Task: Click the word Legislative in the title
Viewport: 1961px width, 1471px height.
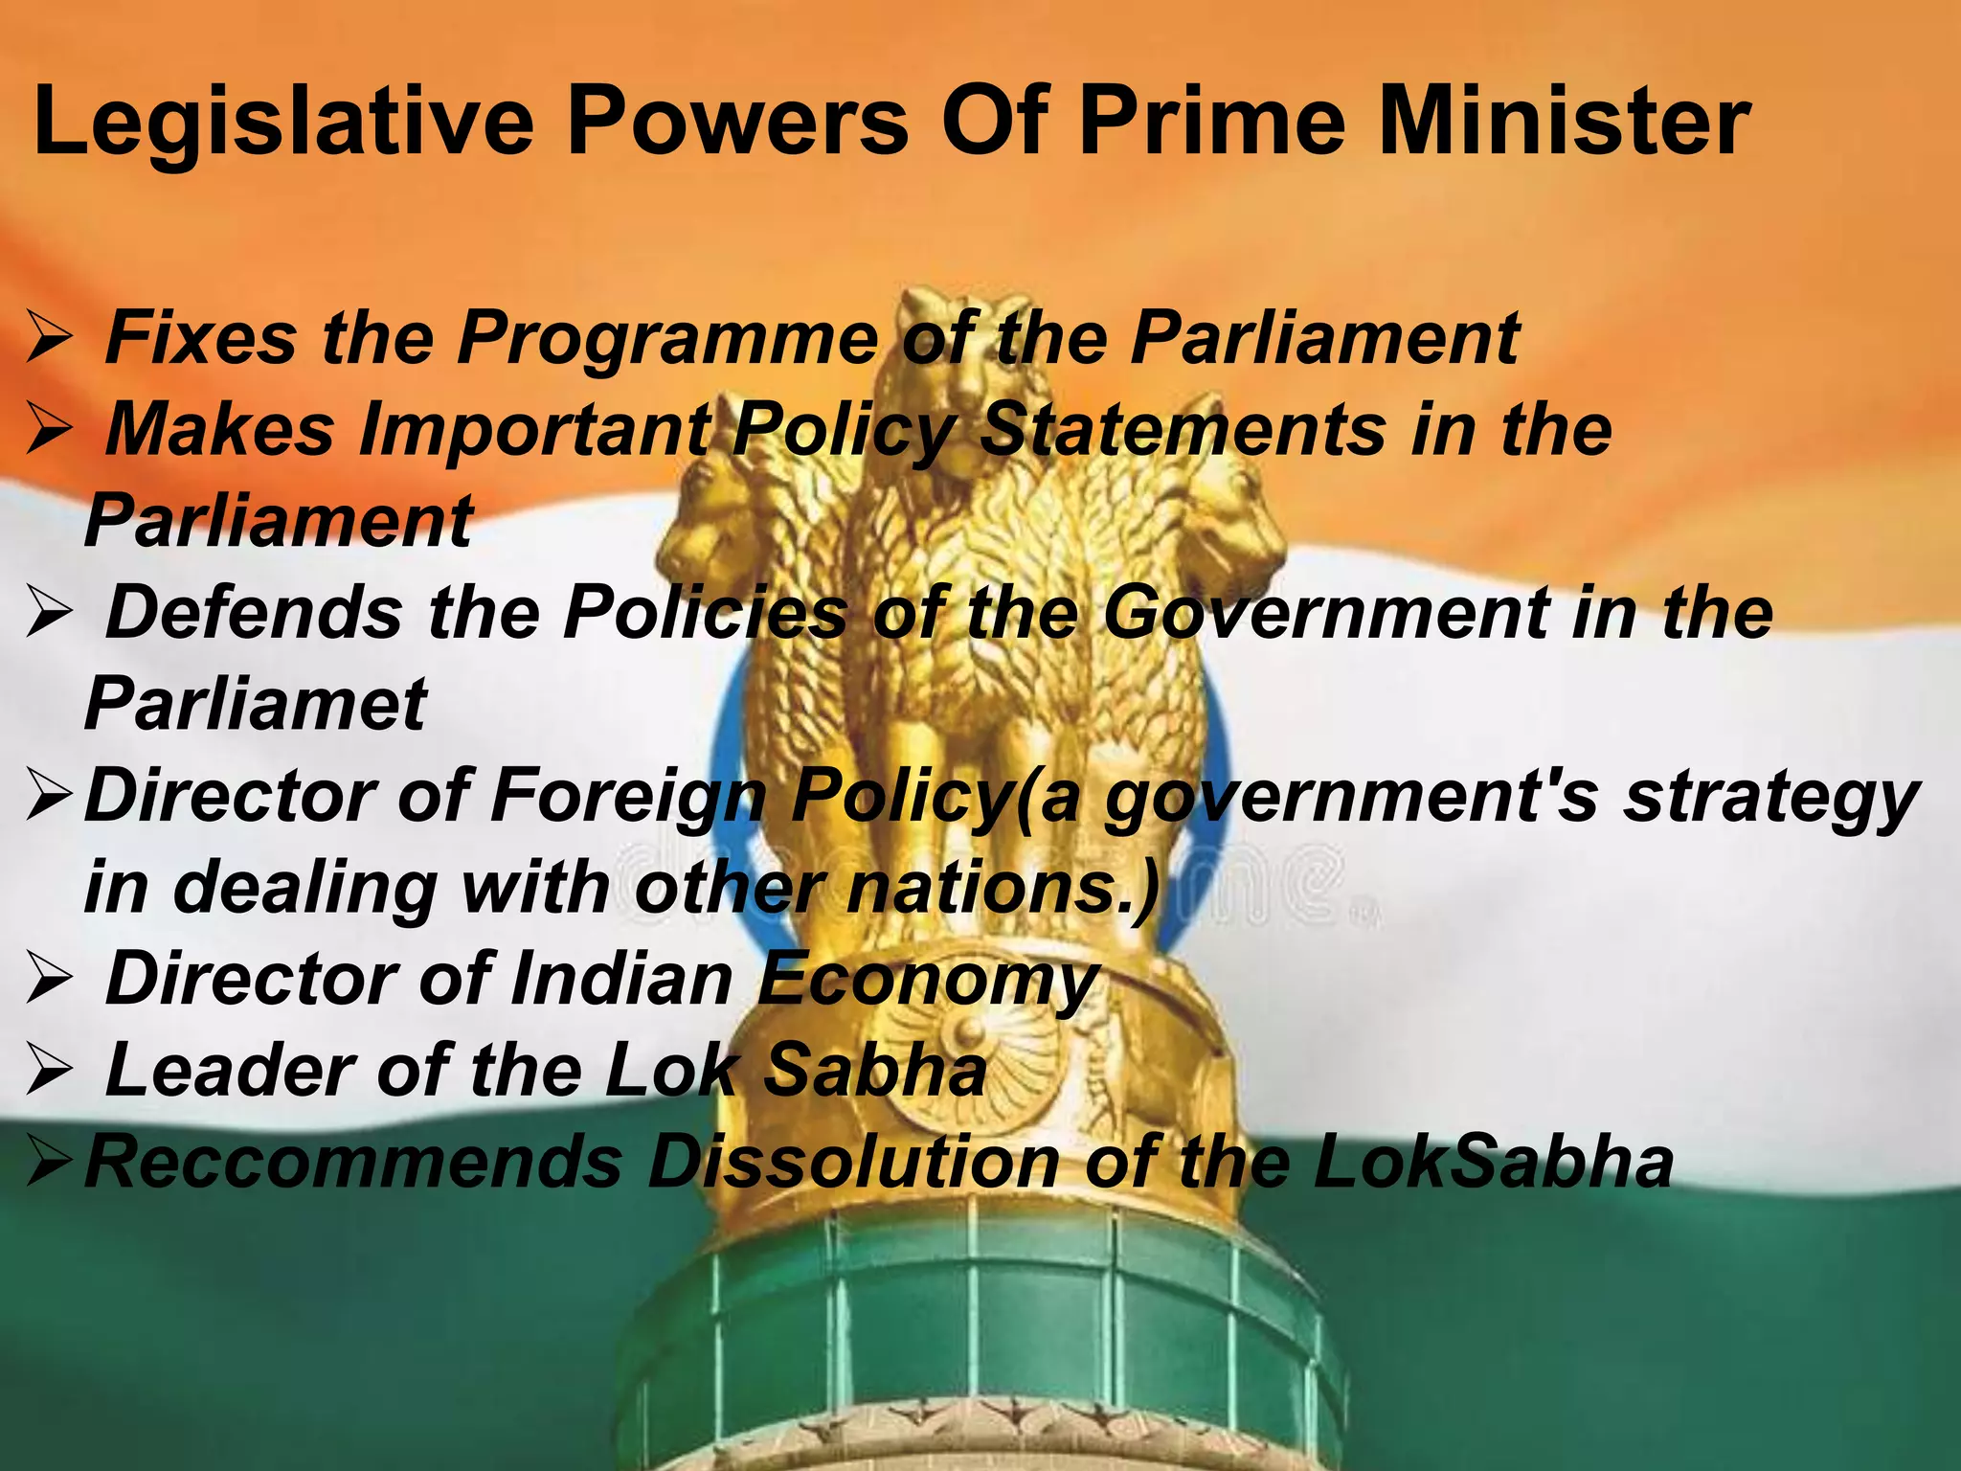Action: (283, 123)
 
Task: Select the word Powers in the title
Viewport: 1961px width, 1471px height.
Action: (737, 123)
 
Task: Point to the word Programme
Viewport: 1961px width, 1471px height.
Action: (667, 339)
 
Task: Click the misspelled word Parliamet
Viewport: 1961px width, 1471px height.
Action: (256, 704)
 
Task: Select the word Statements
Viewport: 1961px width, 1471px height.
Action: (1183, 429)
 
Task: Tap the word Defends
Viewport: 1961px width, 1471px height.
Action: (254, 613)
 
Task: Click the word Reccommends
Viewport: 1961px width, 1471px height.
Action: (353, 1163)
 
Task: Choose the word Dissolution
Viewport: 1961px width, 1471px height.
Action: (853, 1163)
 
